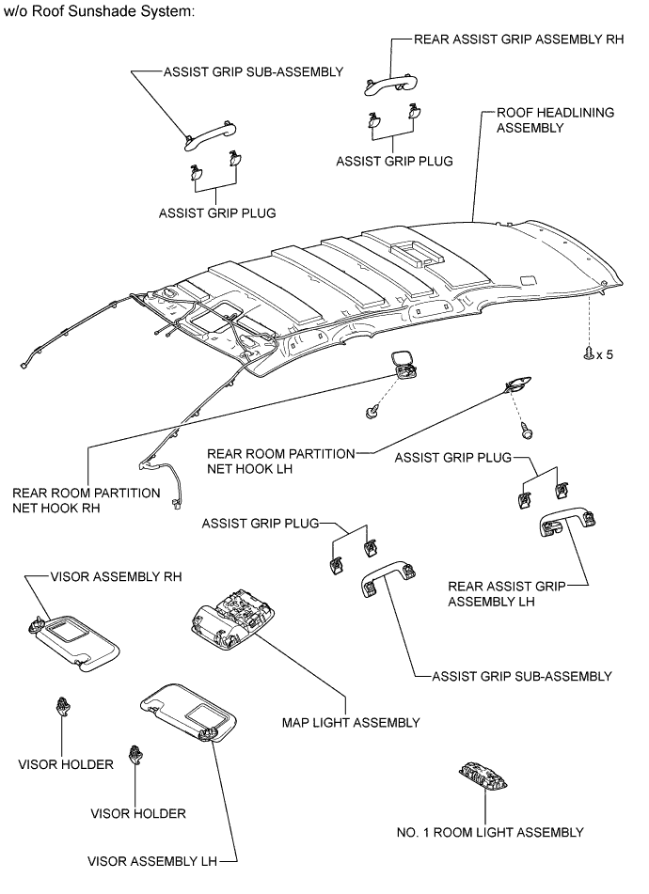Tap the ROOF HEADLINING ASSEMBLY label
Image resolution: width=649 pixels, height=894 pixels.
coord(554,119)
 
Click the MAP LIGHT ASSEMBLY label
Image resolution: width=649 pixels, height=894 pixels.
coord(350,722)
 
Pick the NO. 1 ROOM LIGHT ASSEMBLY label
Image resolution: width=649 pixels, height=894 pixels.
coord(491,832)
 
